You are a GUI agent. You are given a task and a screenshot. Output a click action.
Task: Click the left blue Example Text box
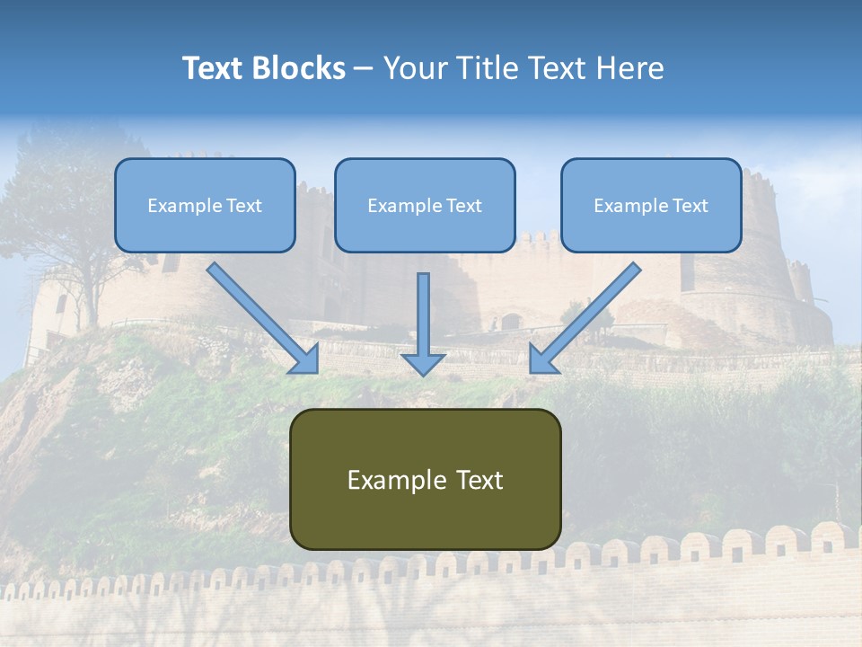pos(205,205)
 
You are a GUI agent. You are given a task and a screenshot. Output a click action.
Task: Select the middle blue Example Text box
pos(425,205)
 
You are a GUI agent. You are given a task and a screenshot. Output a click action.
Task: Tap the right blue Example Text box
pos(651,205)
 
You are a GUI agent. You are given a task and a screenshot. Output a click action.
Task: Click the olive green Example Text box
pos(425,479)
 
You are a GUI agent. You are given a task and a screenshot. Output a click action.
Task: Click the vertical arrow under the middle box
pos(423,319)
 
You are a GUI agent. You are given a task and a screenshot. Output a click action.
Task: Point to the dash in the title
pos(364,68)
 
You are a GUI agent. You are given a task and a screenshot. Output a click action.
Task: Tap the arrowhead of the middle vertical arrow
pos(423,364)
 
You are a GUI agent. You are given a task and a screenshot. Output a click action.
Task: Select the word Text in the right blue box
pos(689,206)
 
